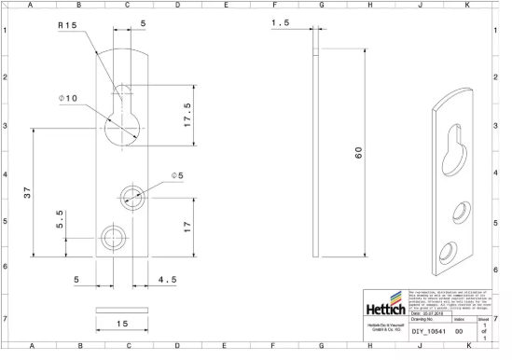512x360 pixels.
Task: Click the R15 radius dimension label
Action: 67,25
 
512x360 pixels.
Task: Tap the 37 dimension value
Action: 27,193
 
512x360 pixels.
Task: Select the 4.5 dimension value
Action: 168,279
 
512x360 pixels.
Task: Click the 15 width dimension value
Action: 121,323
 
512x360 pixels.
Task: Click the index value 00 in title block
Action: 458,330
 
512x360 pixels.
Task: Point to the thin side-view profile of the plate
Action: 317,149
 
